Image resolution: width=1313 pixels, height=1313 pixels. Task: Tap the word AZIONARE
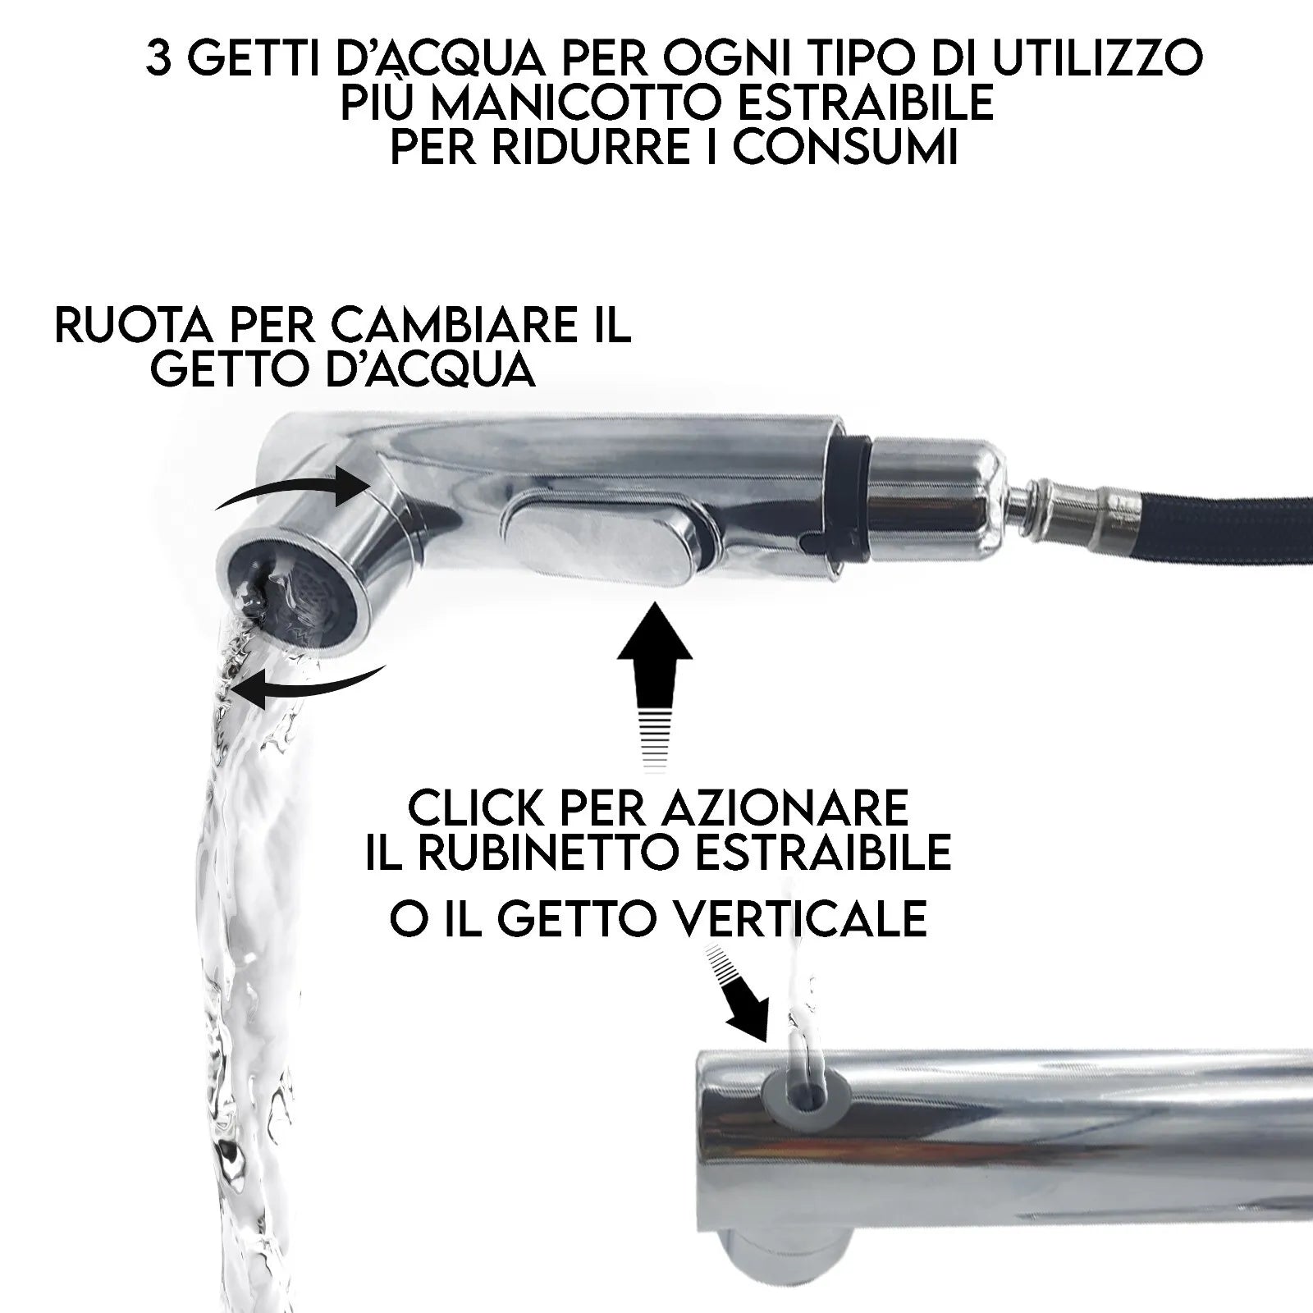pyautogui.click(x=787, y=807)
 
